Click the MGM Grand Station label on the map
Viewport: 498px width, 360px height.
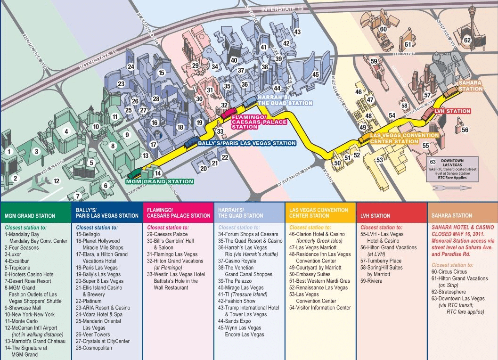tap(160, 181)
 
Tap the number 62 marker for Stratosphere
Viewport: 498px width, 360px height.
tap(467, 40)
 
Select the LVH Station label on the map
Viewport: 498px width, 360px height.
tap(452, 111)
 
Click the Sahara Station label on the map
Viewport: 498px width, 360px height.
tap(470, 86)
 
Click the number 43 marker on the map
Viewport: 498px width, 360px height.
tap(297, 32)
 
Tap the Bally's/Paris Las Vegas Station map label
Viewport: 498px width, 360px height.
tap(247, 143)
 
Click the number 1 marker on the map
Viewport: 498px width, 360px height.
tap(9, 152)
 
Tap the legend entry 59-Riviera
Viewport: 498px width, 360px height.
tap(372, 281)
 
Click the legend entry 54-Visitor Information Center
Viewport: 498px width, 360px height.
tap(320, 308)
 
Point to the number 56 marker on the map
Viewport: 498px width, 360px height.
tap(465, 130)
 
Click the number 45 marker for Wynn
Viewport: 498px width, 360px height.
tap(315, 74)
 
